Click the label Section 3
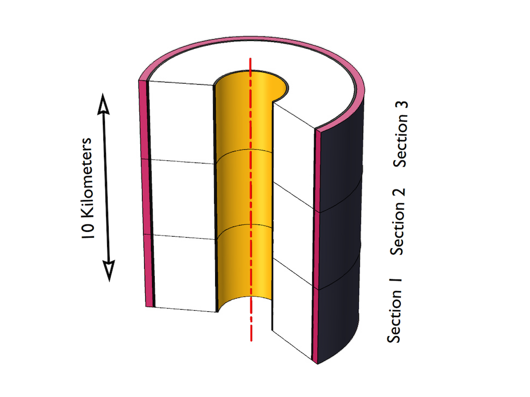[x=401, y=134]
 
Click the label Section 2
[x=397, y=221]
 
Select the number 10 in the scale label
[x=87, y=231]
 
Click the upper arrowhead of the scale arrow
[x=103, y=104]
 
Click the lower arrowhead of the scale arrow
[x=109, y=270]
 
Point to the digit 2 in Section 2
[x=398, y=193]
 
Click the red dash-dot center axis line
[x=251, y=199]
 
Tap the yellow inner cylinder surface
[x=243, y=189]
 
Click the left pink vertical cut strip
[x=145, y=194]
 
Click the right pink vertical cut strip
[x=316, y=247]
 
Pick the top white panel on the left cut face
[x=181, y=122]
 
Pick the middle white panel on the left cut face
[x=183, y=199]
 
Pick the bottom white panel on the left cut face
[x=185, y=273]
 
